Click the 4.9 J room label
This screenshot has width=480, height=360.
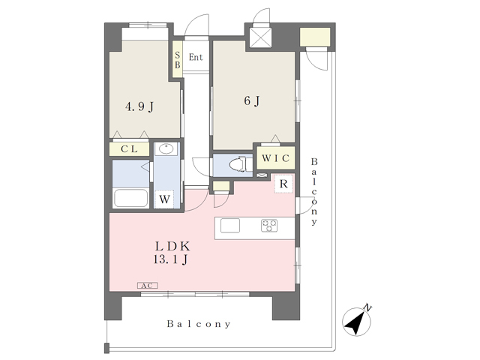point(139,106)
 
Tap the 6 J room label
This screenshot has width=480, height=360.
point(252,100)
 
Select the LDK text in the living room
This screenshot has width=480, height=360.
point(172,246)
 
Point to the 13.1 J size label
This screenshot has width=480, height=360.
point(170,259)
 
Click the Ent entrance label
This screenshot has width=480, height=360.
point(196,57)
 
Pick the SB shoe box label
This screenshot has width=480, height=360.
point(178,60)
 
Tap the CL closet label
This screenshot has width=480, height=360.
point(129,149)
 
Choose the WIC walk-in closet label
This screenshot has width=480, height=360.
point(275,158)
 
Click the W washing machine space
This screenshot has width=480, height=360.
point(164,199)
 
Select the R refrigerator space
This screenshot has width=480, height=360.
point(283,184)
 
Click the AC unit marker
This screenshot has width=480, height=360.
point(147,286)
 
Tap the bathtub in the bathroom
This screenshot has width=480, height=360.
point(130,198)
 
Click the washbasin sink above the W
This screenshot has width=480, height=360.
point(166,149)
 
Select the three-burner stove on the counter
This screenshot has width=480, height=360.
point(269,226)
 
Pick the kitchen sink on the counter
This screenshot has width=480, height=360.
point(230,226)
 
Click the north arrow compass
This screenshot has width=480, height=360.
point(357,321)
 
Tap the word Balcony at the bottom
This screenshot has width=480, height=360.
point(199,324)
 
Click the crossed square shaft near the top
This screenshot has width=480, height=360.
point(260,37)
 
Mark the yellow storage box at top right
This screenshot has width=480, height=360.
point(315,37)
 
